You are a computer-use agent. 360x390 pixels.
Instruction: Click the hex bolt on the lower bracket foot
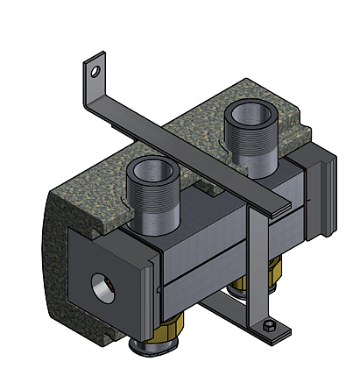269,329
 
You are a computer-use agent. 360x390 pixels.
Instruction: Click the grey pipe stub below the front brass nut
139,351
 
